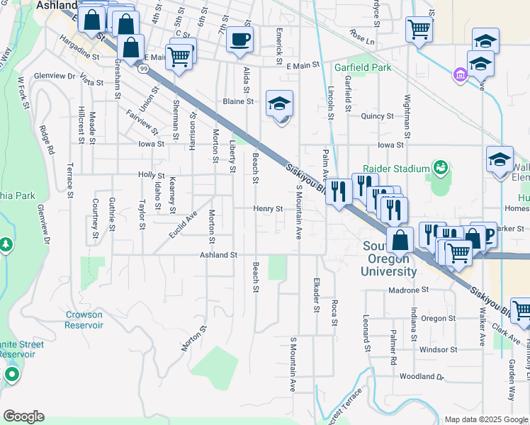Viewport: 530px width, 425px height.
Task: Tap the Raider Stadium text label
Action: [396, 169]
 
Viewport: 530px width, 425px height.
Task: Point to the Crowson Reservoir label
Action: [84, 319]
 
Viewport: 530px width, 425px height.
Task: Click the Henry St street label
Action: [269, 209]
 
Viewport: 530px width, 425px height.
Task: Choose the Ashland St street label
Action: [218, 254]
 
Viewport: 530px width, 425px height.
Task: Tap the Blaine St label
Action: [238, 101]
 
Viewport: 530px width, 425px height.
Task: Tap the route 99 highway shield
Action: [143, 69]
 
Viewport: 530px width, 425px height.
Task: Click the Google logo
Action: [23, 416]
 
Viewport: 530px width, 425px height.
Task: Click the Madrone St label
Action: [409, 290]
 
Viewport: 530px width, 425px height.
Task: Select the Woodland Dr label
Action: [420, 377]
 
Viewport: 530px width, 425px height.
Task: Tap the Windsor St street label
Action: [438, 349]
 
